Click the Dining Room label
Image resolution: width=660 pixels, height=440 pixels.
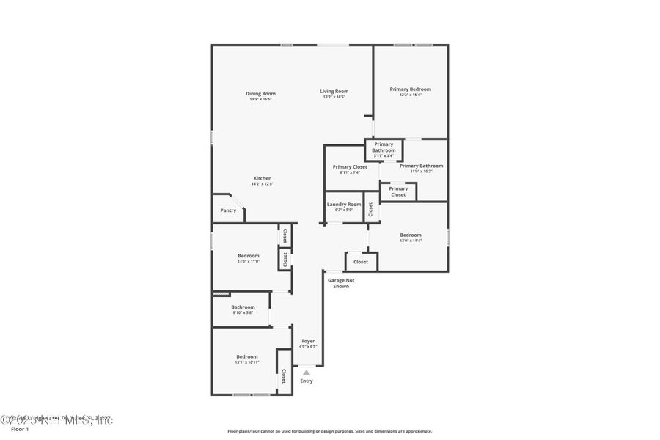coord(260,93)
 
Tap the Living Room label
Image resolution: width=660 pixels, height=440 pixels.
coord(334,92)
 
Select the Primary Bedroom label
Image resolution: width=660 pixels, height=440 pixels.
coord(410,89)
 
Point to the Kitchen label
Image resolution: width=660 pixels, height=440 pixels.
coord(263,178)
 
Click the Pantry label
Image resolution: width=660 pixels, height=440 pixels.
coord(228,210)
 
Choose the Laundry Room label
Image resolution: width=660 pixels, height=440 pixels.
coord(344,204)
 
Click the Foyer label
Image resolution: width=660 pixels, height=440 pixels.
coord(308,341)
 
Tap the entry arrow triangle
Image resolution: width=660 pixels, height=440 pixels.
coord(307,373)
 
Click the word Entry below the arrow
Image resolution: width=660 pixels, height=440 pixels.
coord(307,381)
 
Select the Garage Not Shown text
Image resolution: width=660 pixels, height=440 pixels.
coord(341,283)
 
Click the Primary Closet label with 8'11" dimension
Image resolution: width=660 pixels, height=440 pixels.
coord(350,167)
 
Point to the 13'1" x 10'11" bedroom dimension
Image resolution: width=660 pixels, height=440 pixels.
coord(246,362)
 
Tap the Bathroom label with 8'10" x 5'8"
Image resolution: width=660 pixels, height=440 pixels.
coord(243,307)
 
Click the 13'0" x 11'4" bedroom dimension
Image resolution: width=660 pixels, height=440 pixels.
coord(410,241)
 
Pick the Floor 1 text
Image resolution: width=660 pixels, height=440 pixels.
coord(19,429)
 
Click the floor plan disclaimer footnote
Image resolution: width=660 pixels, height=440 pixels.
coord(329,431)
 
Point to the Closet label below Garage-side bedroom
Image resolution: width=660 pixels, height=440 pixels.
coord(361,262)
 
